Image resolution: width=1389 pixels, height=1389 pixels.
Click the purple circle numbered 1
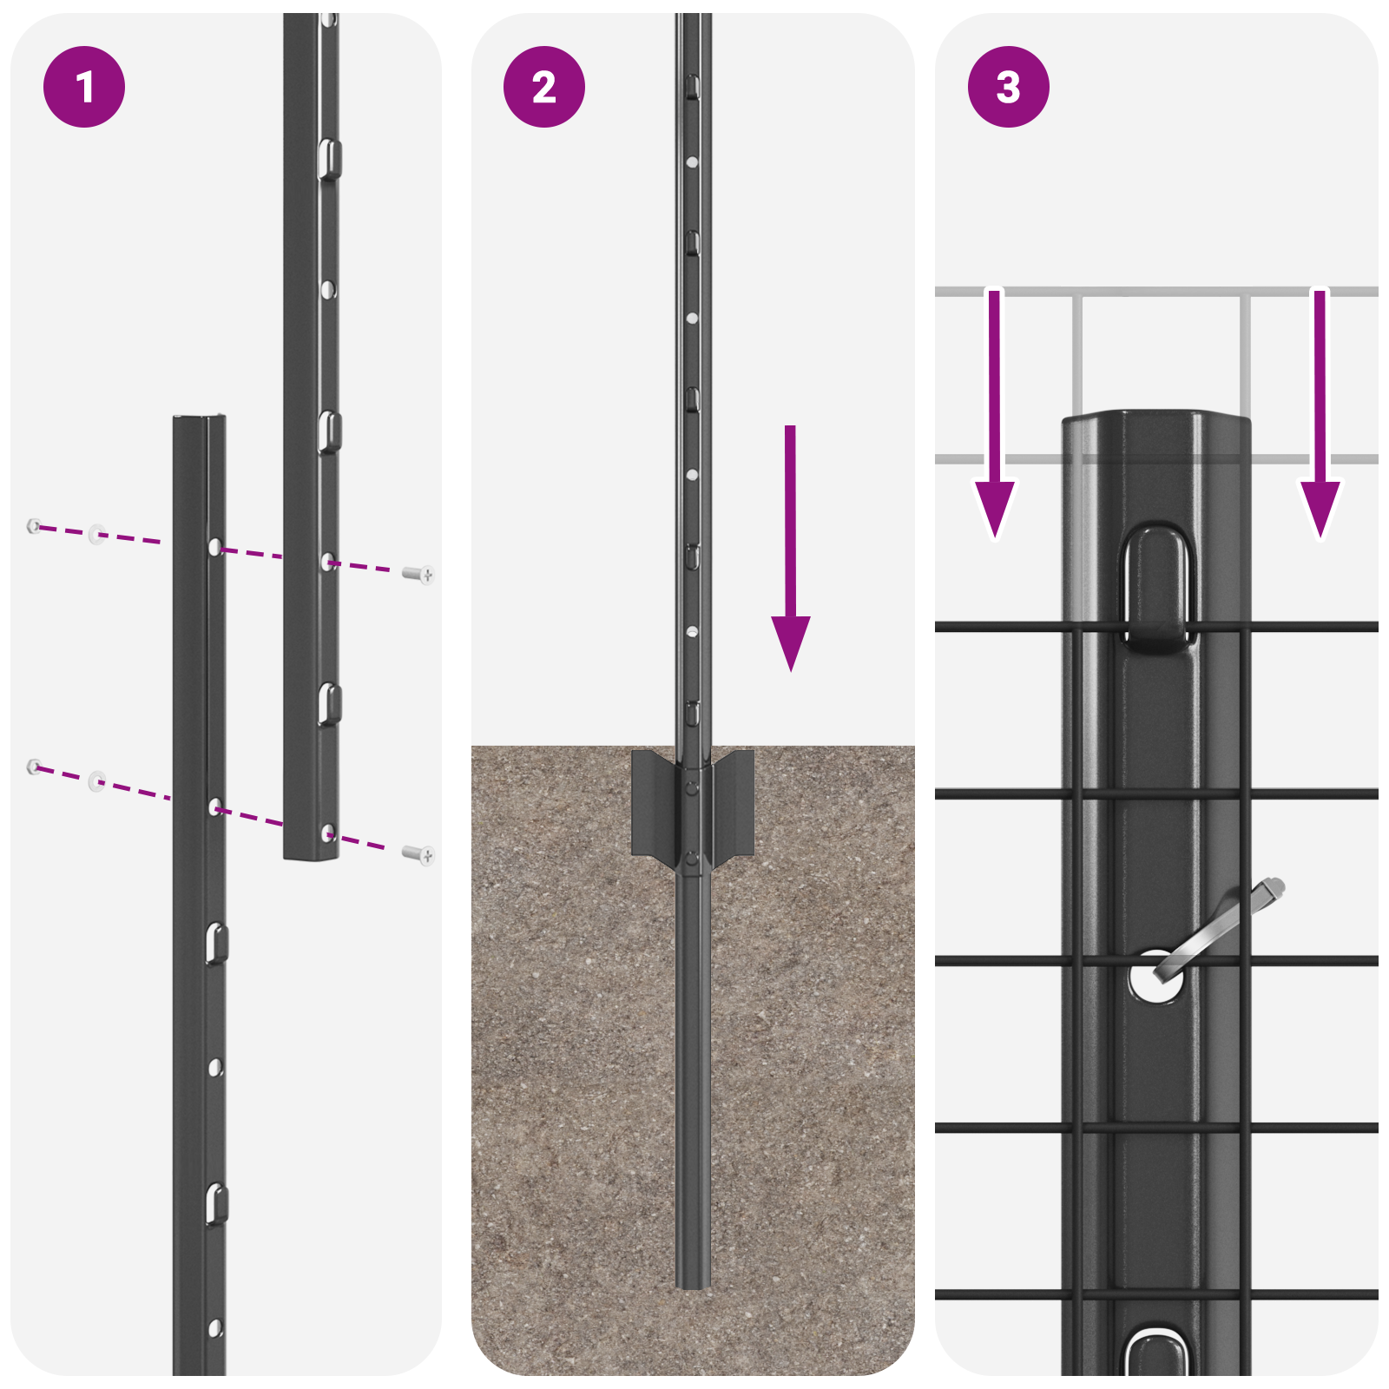[x=84, y=87]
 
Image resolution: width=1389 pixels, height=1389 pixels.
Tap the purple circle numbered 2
[x=544, y=87]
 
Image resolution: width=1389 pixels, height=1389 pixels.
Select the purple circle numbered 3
[x=1008, y=87]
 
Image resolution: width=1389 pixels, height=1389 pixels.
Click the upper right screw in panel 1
[x=419, y=574]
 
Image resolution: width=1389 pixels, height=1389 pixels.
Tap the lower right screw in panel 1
[x=419, y=855]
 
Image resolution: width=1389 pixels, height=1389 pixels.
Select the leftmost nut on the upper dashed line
[x=34, y=525]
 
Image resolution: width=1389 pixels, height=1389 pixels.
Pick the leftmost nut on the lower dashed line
[x=34, y=766]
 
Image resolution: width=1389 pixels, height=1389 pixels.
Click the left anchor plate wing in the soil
[x=653, y=803]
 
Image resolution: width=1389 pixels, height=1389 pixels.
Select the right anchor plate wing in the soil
[x=734, y=803]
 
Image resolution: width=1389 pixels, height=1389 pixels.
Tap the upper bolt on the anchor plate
[x=692, y=787]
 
